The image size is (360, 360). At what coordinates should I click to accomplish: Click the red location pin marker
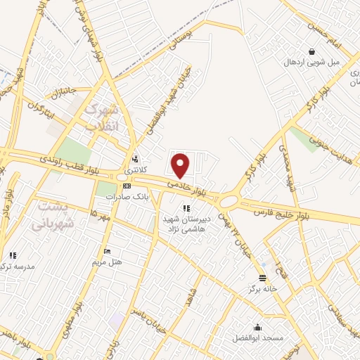point(181,165)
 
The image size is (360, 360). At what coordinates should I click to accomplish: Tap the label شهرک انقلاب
point(102,117)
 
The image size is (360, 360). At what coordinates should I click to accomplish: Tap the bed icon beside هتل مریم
point(107,251)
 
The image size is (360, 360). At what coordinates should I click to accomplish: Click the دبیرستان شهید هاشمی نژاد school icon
point(186,208)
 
